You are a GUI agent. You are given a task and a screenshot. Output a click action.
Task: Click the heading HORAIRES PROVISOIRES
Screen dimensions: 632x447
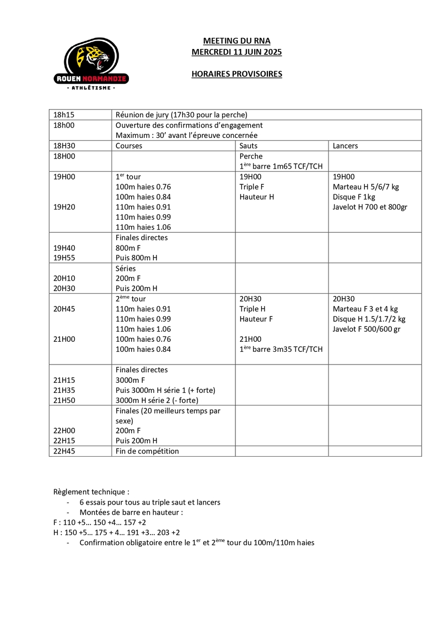236,74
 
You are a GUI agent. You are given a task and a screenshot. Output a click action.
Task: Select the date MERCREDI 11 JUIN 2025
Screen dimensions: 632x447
236,52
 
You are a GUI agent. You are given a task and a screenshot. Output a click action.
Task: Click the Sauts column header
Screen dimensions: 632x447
249,146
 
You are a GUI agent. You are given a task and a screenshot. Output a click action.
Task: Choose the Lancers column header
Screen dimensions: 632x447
345,146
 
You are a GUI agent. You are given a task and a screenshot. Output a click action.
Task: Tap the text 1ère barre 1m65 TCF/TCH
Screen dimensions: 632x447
281,166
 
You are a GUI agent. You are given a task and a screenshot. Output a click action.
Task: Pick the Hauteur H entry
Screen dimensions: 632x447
257,197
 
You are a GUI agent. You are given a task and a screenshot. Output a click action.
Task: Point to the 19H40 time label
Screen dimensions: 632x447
64,248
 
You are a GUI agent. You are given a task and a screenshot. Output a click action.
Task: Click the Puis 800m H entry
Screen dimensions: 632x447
136,258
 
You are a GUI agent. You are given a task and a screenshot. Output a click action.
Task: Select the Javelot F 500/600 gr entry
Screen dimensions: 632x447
367,329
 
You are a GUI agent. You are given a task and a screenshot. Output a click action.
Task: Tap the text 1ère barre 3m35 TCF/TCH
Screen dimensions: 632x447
281,349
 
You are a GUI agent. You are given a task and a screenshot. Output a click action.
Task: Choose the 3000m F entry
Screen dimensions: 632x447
131,380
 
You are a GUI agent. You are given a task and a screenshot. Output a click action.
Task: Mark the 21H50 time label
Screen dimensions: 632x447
64,400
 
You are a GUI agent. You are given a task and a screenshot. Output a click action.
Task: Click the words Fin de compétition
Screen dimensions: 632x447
147,451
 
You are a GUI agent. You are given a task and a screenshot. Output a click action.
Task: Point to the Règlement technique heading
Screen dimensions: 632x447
91,492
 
